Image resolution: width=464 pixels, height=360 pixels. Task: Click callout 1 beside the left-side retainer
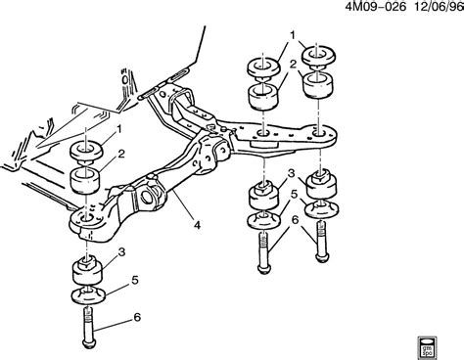click(x=119, y=128)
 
